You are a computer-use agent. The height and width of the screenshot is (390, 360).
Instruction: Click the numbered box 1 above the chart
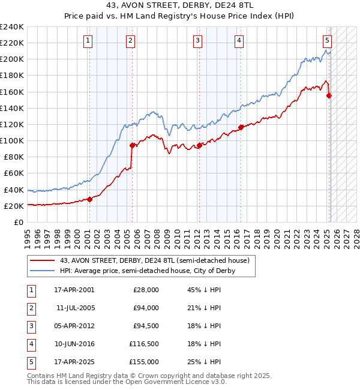click(x=88, y=41)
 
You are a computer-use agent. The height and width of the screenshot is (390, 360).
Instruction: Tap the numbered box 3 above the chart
click(x=197, y=41)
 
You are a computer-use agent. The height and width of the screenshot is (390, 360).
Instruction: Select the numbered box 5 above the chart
click(x=327, y=41)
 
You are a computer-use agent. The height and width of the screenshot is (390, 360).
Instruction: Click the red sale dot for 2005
click(x=132, y=145)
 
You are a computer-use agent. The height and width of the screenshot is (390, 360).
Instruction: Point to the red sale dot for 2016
click(x=241, y=127)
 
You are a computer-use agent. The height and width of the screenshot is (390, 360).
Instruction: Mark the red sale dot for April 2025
click(x=329, y=95)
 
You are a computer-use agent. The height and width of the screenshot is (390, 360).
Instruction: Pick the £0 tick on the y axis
click(x=19, y=222)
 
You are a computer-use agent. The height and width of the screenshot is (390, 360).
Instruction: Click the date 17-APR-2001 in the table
click(x=74, y=290)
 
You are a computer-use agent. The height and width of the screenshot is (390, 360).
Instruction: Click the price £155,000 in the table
click(x=144, y=362)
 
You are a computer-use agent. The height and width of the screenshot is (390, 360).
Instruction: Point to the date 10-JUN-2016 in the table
click(x=74, y=344)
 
